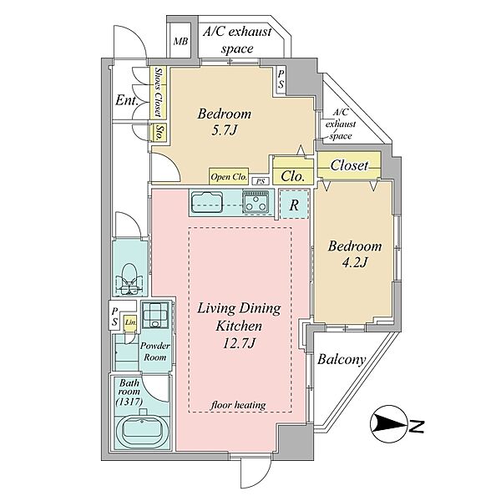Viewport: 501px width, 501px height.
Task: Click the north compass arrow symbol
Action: tap(389, 424)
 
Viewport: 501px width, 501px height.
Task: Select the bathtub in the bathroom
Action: tap(142, 432)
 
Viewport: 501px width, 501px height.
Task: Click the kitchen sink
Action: tap(207, 202)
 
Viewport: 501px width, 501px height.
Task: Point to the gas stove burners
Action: tap(256, 201)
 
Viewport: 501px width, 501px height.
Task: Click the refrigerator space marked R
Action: tap(294, 205)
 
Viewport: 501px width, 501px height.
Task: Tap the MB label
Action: tap(180, 42)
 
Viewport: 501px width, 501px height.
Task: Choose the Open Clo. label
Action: tap(229, 177)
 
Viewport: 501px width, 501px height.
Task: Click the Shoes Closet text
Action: tap(158, 92)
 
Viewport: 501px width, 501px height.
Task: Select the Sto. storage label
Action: tap(159, 133)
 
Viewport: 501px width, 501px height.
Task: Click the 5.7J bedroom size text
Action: tap(224, 130)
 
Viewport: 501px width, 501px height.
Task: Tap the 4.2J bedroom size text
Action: tap(355, 263)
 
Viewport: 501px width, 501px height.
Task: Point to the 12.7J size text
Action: tap(240, 343)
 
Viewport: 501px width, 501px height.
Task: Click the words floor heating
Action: tap(238, 405)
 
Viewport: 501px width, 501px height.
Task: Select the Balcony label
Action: tap(342, 360)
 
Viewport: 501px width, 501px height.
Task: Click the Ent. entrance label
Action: tap(127, 101)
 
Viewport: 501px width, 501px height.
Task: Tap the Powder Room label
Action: tap(155, 352)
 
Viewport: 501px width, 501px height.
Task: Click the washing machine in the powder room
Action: tap(155, 315)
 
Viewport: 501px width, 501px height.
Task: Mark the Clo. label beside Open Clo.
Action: tap(292, 176)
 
